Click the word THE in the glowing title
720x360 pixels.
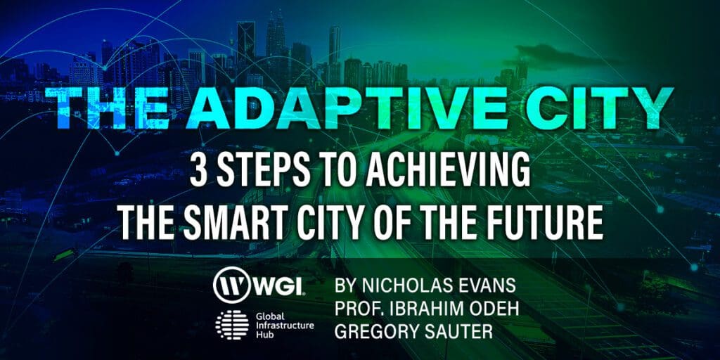(106, 108)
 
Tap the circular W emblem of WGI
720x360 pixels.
(232, 285)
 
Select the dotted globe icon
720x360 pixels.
(232, 325)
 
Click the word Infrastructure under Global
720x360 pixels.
(285, 325)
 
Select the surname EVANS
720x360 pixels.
(487, 285)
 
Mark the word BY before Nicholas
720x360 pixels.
(346, 285)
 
